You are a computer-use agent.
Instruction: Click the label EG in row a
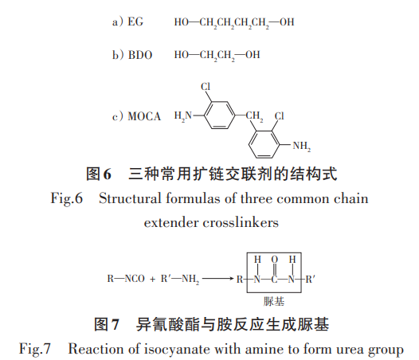(x=135, y=22)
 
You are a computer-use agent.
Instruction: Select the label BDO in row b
(x=140, y=55)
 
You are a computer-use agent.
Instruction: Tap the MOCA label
(x=144, y=116)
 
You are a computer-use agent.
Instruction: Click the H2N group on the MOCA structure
(x=183, y=116)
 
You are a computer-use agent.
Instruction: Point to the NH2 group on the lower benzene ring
(x=302, y=147)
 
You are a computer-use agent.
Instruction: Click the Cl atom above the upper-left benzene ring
(x=206, y=86)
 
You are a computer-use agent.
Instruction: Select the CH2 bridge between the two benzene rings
(x=254, y=116)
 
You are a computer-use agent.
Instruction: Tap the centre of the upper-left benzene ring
(x=219, y=115)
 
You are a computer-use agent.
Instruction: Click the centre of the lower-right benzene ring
(x=264, y=144)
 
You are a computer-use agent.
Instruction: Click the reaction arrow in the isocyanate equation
(x=218, y=279)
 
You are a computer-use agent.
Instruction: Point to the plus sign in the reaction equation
(x=152, y=279)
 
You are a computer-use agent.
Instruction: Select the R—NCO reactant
(x=126, y=279)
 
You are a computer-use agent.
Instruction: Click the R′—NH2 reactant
(x=180, y=279)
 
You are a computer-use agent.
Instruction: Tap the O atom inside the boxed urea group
(x=275, y=259)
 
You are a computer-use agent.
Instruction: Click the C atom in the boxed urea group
(x=275, y=280)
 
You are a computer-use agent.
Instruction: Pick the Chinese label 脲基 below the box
(x=274, y=302)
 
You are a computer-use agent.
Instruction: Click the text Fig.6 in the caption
(x=67, y=199)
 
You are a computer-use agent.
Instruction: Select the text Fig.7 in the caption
(x=35, y=350)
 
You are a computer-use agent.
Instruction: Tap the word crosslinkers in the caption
(x=241, y=222)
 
